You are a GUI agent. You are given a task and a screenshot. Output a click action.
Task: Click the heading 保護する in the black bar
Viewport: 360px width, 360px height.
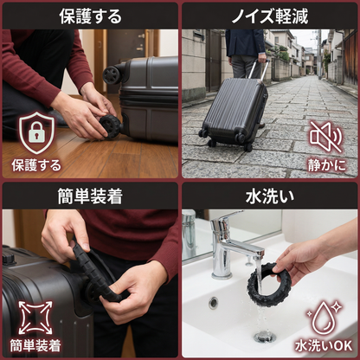coord(90,16)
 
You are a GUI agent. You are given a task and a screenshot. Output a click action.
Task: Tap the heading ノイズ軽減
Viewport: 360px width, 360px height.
coord(270,16)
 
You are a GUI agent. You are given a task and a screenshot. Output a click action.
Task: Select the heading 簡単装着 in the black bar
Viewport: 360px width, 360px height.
coord(90,196)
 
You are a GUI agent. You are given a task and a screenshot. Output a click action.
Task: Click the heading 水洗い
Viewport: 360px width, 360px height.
coord(270,196)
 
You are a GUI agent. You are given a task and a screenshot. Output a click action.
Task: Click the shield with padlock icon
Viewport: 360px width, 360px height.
coord(36,133)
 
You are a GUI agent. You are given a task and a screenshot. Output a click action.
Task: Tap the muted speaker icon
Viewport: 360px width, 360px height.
coord(325,137)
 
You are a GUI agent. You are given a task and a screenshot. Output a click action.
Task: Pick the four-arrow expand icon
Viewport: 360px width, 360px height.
coord(35,318)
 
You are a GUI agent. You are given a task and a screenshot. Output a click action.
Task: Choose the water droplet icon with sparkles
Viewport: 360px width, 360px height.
coord(324,318)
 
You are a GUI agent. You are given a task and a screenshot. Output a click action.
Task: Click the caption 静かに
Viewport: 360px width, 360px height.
coord(327,165)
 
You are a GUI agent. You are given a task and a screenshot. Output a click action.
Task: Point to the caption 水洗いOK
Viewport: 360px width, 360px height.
coord(324,346)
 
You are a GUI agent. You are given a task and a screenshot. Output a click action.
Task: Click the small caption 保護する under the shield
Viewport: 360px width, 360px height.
coord(36,165)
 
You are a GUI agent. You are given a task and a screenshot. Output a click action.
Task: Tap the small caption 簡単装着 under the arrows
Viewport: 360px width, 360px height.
coord(35,345)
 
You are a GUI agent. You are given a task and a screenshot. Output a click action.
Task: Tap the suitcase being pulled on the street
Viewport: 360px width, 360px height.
coord(234,112)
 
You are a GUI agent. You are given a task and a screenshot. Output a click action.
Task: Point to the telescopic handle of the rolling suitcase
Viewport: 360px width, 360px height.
coord(258,69)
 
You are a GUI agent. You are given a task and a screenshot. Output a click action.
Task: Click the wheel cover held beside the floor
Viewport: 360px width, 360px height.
coord(111,125)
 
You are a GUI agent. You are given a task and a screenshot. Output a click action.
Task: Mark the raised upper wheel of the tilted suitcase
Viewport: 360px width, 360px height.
coord(112,75)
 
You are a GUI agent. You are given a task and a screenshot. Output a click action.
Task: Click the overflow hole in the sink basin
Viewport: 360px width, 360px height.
coord(214,303)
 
